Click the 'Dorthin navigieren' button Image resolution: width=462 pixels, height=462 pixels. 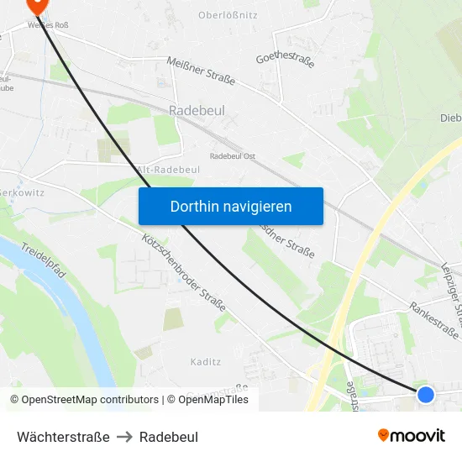pyautogui.click(x=230, y=206)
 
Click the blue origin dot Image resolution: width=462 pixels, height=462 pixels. pyautogui.click(x=426, y=394)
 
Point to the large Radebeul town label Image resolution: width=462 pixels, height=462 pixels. pyautogui.click(x=195, y=110)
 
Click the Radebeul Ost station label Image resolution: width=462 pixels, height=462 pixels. pyautogui.click(x=233, y=155)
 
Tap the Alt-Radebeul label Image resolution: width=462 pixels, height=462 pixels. pyautogui.click(x=168, y=169)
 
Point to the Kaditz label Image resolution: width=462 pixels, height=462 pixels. pyautogui.click(x=205, y=362)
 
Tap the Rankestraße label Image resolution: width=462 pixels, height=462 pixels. pyautogui.click(x=434, y=321)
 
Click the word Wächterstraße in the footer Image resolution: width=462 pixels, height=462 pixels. pyautogui.click(x=63, y=437)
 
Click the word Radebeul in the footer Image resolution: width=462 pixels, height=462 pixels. pyautogui.click(x=169, y=437)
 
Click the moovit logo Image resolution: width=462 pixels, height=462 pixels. pyautogui.click(x=412, y=435)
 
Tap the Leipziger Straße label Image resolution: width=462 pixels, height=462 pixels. pyautogui.click(x=452, y=290)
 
